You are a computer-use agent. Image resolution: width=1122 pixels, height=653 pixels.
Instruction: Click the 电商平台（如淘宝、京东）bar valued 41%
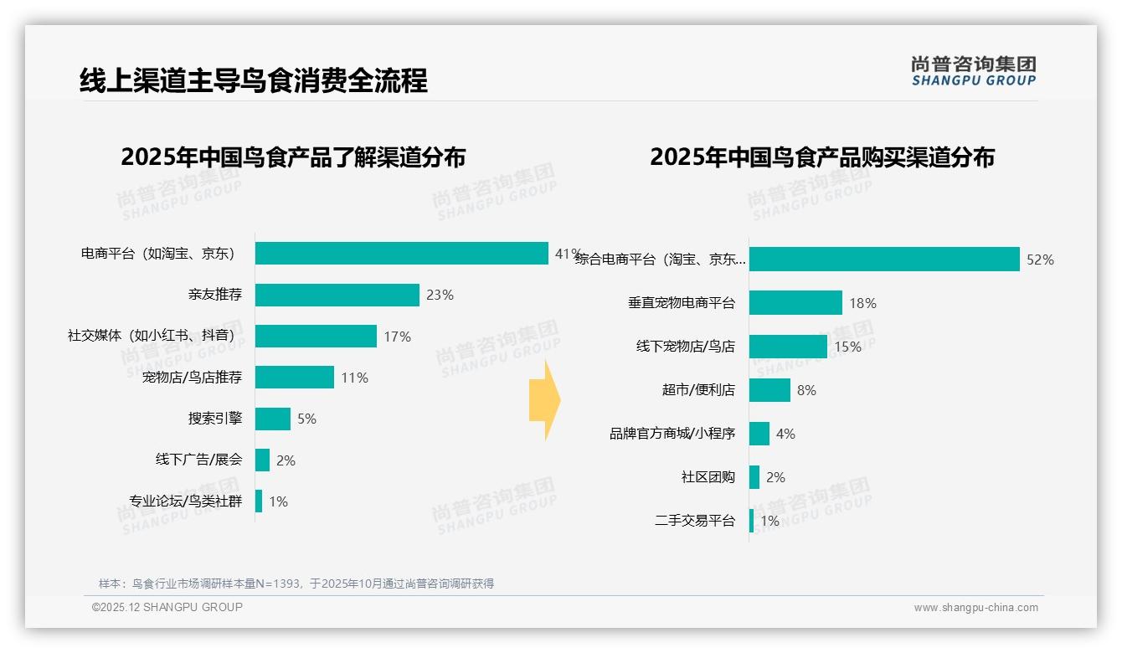[402, 254]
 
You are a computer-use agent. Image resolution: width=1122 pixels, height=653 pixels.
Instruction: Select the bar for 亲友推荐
[337, 295]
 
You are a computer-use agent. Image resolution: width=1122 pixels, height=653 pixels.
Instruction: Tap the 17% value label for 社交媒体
[398, 337]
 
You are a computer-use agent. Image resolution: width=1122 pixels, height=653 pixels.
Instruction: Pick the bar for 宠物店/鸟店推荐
[294, 378]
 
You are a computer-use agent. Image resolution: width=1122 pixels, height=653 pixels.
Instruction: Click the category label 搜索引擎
[215, 419]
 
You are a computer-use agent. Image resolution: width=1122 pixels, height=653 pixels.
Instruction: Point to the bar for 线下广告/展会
[262, 460]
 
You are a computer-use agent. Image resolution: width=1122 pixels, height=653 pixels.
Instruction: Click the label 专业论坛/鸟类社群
[185, 501]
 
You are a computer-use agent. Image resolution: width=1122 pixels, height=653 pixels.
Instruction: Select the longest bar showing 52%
[884, 260]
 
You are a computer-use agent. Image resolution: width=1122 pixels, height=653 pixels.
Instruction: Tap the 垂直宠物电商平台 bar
[795, 303]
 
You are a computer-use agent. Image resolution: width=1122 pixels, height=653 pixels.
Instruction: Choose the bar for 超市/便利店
[769, 390]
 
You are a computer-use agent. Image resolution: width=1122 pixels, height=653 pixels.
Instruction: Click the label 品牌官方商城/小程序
[672, 434]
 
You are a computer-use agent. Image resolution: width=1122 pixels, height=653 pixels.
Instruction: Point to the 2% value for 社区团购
[776, 477]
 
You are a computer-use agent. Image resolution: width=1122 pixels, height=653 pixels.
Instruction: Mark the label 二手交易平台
[695, 521]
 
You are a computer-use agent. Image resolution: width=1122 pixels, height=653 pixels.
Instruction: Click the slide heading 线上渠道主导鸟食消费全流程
[254, 80]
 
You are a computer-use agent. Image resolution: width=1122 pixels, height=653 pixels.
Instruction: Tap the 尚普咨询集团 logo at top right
[974, 70]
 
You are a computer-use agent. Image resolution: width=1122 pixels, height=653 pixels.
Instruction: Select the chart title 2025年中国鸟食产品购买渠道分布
[821, 157]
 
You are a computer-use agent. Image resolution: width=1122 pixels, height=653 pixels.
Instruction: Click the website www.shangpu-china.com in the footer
[975, 608]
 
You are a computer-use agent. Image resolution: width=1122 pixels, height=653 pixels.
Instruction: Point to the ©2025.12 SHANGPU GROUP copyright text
[167, 607]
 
